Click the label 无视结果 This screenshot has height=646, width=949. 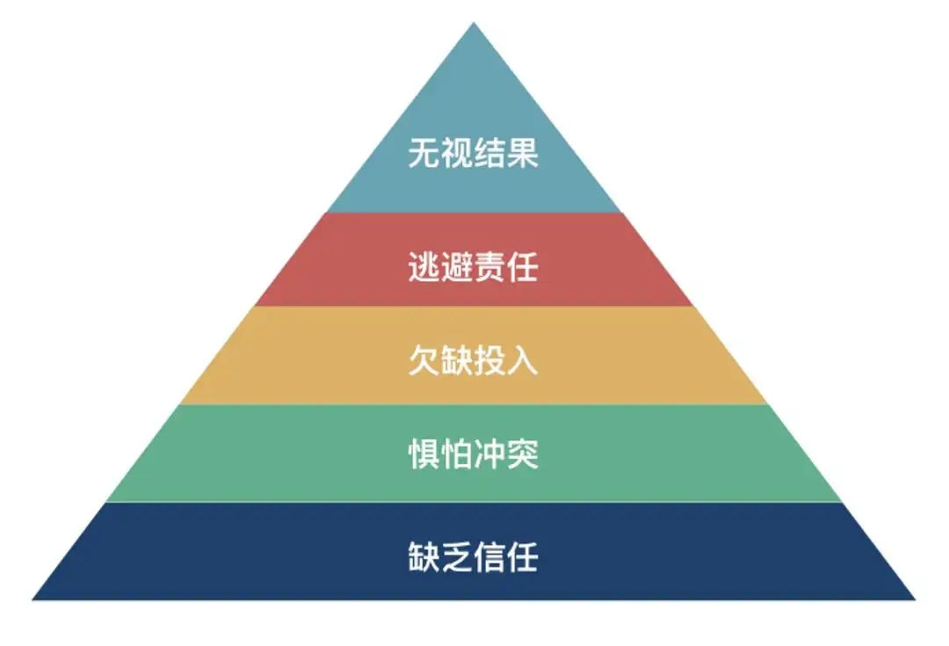474,153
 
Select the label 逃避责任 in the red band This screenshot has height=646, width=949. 474,267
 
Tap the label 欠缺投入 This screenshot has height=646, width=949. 474,361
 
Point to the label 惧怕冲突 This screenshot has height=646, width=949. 474,454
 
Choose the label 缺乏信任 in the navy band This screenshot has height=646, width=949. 474,557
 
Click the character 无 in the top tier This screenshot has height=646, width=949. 424,153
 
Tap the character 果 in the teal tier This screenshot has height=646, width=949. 523,153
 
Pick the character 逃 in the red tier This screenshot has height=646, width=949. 424,267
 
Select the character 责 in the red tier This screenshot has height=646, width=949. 490,267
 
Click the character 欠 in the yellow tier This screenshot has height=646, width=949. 424,361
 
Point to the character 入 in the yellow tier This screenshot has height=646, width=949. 523,361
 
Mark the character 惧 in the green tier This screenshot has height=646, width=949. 424,454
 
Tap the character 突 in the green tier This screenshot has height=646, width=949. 523,454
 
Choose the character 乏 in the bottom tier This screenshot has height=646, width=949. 457,557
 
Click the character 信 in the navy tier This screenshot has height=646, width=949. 490,557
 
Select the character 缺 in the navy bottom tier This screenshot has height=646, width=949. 424,557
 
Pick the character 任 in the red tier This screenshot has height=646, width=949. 523,267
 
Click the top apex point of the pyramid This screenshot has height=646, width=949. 474,23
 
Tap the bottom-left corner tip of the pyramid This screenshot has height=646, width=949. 33,599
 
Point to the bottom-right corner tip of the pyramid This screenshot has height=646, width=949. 915,599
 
